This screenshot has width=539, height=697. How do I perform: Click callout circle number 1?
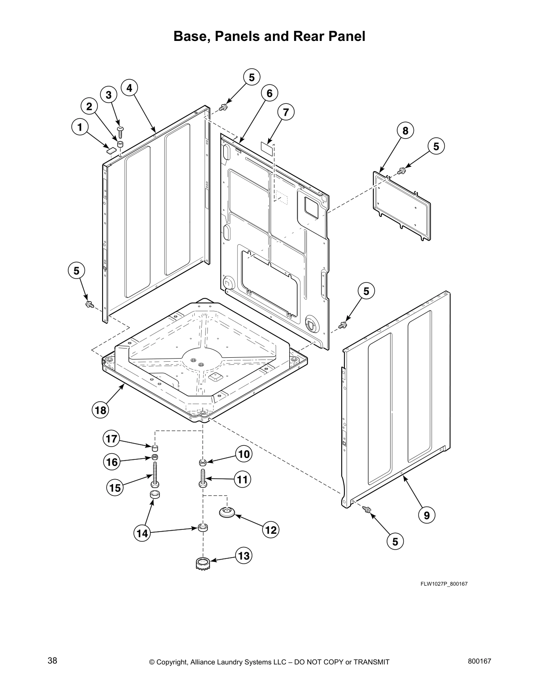[79, 128]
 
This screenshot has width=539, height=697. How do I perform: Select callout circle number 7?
[286, 113]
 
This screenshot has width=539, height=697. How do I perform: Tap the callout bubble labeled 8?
[405, 131]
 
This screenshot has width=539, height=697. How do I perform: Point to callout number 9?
[427, 515]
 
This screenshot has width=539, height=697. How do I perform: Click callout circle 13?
[243, 556]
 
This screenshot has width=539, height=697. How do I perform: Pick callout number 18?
[100, 410]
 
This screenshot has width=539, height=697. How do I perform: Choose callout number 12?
[271, 530]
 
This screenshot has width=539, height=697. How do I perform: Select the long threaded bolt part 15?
[155, 475]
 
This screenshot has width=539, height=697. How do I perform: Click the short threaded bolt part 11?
[203, 478]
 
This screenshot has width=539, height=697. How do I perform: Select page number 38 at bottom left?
[52, 660]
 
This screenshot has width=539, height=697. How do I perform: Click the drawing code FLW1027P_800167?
[443, 584]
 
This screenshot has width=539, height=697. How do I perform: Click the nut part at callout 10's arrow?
[203, 462]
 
